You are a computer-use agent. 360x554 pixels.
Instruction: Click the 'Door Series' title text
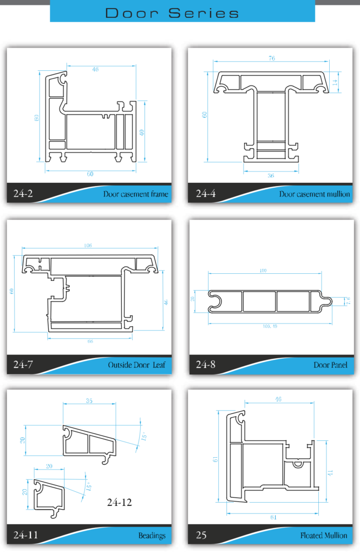coord(172,13)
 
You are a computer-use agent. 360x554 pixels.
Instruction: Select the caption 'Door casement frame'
coord(135,194)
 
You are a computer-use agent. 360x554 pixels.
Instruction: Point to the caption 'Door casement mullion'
coord(315,194)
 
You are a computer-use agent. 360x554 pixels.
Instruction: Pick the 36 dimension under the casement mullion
coord(271,176)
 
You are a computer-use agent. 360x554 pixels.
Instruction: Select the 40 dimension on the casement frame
coord(142,132)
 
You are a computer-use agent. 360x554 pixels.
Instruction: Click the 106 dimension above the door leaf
coord(88,246)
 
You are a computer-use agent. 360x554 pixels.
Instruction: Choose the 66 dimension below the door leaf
coord(90,342)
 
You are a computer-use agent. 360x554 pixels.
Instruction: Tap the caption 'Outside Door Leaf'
coord(136,365)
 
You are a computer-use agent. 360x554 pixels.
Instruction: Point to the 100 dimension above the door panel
coord(264,269)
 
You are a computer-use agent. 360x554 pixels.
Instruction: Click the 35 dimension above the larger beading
coord(90,401)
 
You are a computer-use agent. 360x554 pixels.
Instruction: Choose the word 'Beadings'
coord(152,536)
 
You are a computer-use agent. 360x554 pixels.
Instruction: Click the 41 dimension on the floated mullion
coord(330,472)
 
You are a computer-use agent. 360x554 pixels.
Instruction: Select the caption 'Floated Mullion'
coord(324,536)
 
